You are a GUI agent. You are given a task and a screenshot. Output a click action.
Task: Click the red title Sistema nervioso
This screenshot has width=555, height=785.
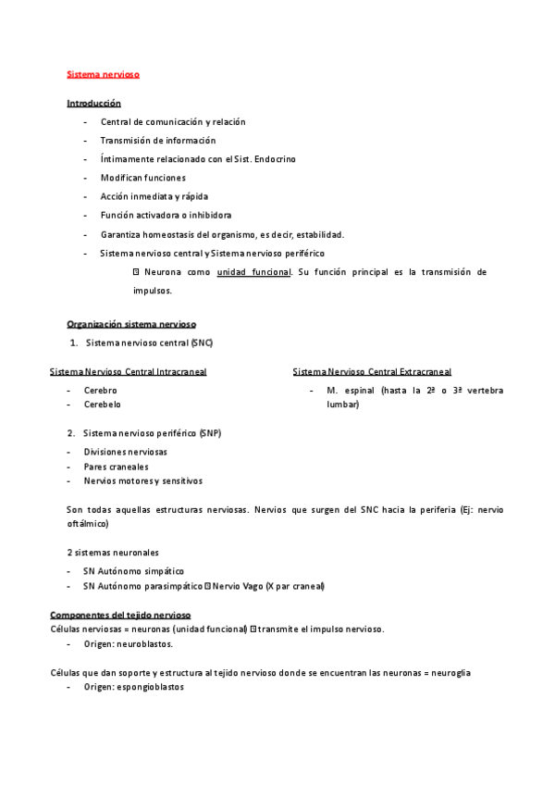click(x=103, y=73)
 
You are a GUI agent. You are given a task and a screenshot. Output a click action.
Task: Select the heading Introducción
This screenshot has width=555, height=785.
click(x=93, y=103)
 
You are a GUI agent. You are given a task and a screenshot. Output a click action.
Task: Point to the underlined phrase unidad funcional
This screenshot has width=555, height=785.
click(x=253, y=272)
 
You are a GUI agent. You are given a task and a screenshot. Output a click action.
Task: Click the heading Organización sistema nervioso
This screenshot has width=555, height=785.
click(x=131, y=324)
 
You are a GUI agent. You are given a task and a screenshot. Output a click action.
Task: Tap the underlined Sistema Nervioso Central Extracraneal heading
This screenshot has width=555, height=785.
click(x=372, y=372)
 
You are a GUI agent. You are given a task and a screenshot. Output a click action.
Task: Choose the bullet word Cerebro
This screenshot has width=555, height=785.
click(x=100, y=391)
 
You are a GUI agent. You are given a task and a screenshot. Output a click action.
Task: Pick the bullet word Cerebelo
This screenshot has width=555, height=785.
click(x=102, y=405)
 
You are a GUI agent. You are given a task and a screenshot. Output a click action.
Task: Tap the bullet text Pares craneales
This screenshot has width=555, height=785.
click(x=116, y=467)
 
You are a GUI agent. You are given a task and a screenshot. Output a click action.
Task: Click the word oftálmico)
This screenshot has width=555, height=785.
click(x=88, y=524)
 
